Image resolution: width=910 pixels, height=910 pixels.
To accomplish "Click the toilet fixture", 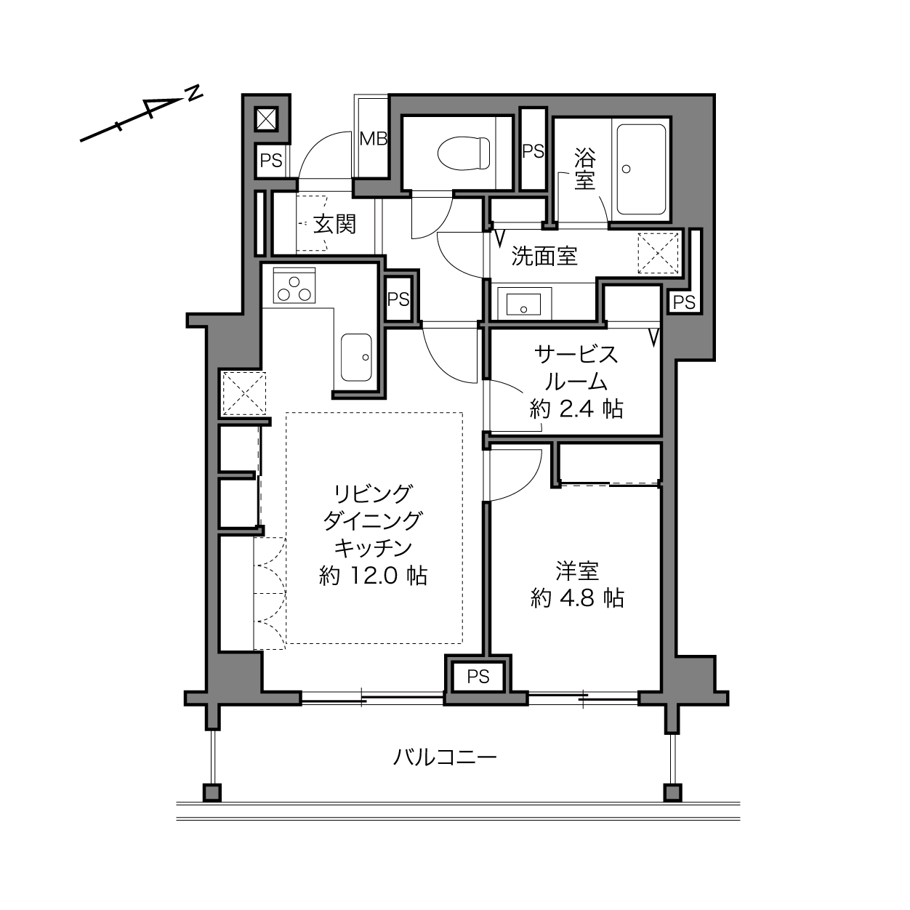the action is tap(463, 153).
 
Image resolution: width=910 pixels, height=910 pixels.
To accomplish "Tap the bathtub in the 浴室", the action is tap(642, 169).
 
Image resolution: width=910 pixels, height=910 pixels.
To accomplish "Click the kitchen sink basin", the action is tap(356, 358).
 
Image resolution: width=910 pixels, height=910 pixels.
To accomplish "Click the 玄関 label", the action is tap(334, 225).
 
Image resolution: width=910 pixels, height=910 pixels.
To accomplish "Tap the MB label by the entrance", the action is tap(373, 139).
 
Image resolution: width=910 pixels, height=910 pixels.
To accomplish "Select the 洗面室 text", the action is tap(544, 256).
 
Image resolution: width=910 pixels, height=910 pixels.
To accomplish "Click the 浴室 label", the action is tap(584, 169).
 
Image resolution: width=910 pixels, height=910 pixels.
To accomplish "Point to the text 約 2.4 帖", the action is tap(576, 409).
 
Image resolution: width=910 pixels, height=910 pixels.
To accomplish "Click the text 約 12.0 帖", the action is tap(373, 576).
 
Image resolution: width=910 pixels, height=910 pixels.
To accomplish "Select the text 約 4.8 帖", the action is tap(577, 598).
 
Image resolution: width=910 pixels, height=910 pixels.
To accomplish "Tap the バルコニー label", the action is tap(445, 757).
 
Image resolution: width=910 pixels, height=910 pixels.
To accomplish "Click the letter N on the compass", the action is tap(193, 94).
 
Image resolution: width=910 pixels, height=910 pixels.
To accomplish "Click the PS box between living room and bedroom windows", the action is tap(478, 677).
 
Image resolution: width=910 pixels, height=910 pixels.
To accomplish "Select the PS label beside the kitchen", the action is tap(398, 299).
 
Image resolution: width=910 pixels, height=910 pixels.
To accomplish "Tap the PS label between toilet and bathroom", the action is tap(533, 151).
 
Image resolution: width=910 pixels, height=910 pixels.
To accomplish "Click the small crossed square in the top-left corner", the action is tap(267, 118).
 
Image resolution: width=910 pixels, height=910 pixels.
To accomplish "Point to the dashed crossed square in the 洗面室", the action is tap(658, 253).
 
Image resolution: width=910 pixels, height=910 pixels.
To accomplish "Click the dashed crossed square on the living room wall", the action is tap(244, 393).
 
